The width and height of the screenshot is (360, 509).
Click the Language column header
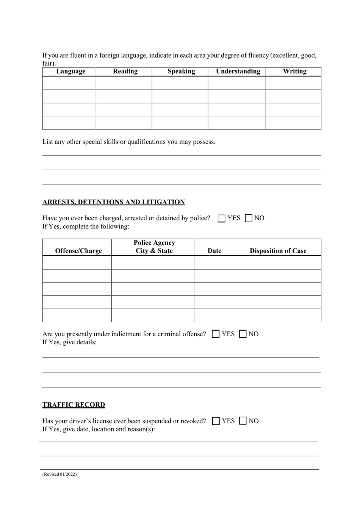click(70, 72)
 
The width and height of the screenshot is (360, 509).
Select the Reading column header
click(125, 72)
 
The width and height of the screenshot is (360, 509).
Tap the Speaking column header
click(181, 72)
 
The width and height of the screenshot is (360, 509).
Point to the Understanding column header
click(238, 72)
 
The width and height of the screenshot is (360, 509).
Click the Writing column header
click(294, 72)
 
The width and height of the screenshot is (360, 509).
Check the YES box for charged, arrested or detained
click(222, 219)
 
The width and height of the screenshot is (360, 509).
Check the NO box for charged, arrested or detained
click(249, 219)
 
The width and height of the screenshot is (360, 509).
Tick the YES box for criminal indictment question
click(216, 334)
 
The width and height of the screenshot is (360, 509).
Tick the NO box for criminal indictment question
click(243, 334)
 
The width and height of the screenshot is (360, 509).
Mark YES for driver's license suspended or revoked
click(216, 421)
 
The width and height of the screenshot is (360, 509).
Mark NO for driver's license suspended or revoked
click(243, 421)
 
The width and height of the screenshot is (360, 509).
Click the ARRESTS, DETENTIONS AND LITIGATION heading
click(114, 202)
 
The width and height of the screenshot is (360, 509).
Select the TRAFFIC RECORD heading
click(74, 405)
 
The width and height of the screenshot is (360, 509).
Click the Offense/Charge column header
click(78, 251)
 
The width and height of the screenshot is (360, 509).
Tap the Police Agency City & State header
click(154, 247)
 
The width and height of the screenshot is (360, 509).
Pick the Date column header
click(214, 251)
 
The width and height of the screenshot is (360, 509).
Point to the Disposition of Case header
click(278, 251)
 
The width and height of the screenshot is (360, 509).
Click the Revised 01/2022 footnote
click(59, 474)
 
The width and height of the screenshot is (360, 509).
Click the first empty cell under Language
click(69, 83)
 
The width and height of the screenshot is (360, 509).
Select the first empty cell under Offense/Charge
click(77, 262)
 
